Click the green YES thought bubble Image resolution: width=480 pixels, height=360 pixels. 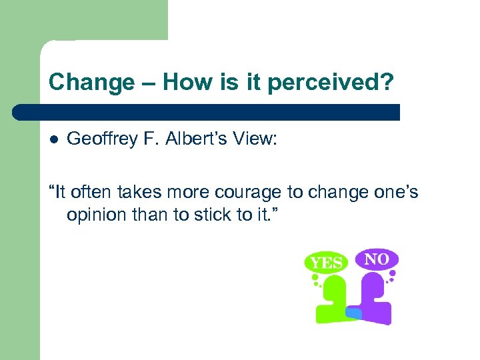coord(325,263)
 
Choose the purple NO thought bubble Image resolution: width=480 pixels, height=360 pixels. coord(376,259)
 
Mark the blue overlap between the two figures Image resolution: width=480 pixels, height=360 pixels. coord(353,312)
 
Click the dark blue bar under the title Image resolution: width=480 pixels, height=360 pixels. coord(207,111)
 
